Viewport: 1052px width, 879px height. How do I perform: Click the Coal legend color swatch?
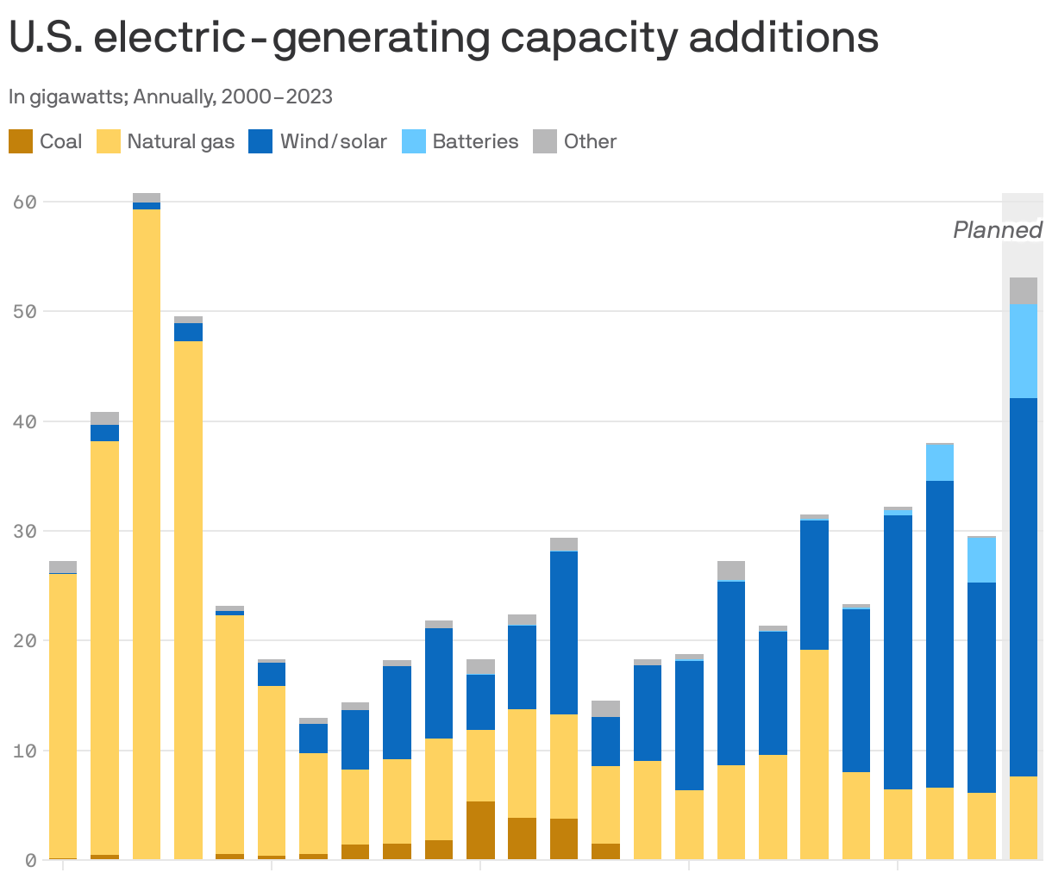21,141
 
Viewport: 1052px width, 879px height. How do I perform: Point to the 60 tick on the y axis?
24,202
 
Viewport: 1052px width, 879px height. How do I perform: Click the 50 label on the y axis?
24,311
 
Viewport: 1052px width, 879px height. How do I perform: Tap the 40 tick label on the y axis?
24,421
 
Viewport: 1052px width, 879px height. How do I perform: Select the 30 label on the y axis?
24,531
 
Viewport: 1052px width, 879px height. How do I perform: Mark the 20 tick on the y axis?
24,640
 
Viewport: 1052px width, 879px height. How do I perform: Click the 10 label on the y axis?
24,751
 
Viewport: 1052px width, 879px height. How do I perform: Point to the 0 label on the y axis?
29,859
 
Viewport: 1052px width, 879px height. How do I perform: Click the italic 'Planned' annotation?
997,230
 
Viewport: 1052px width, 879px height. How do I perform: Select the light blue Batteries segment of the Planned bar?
1024,351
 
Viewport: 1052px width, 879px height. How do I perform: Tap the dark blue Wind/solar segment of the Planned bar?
1024,586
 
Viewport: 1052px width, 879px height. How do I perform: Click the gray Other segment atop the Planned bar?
1024,290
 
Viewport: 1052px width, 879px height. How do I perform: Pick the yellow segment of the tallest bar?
147,534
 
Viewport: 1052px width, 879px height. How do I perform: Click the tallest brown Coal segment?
481,830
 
